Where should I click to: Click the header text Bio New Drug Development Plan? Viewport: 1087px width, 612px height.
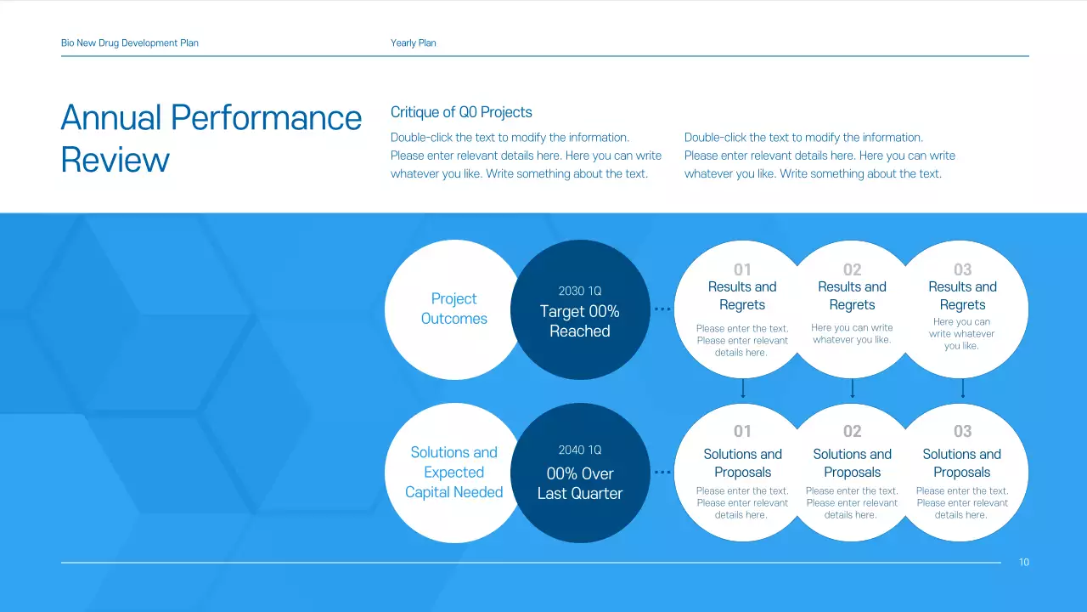click(130, 42)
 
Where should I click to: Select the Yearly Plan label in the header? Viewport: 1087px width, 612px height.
click(414, 42)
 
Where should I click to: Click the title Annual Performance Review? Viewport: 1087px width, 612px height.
click(211, 138)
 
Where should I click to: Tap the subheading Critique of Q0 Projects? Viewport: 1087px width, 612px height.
click(461, 112)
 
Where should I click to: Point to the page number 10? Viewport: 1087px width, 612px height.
click(1024, 562)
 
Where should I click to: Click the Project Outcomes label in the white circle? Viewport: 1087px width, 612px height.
click(453, 309)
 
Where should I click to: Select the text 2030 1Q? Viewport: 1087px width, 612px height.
click(580, 291)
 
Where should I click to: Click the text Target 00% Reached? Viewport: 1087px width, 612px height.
click(580, 321)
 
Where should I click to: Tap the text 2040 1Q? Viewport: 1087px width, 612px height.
click(580, 450)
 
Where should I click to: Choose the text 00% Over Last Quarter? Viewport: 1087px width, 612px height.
click(580, 484)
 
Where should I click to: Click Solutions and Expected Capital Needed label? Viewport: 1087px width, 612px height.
click(453, 472)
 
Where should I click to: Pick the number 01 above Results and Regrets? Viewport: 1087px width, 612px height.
click(742, 269)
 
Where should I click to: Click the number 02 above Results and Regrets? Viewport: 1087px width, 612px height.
click(852, 269)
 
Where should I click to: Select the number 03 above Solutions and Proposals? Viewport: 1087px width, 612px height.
click(962, 431)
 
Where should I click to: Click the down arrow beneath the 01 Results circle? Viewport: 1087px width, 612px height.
click(743, 389)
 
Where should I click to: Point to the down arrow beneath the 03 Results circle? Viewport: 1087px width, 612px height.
click(962, 389)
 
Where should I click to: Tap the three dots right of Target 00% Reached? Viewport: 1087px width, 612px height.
click(662, 309)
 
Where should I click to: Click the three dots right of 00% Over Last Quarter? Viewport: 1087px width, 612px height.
click(662, 472)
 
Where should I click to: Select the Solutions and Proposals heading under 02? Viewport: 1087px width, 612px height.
click(852, 463)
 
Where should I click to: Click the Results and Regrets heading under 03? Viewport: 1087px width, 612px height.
click(962, 296)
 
